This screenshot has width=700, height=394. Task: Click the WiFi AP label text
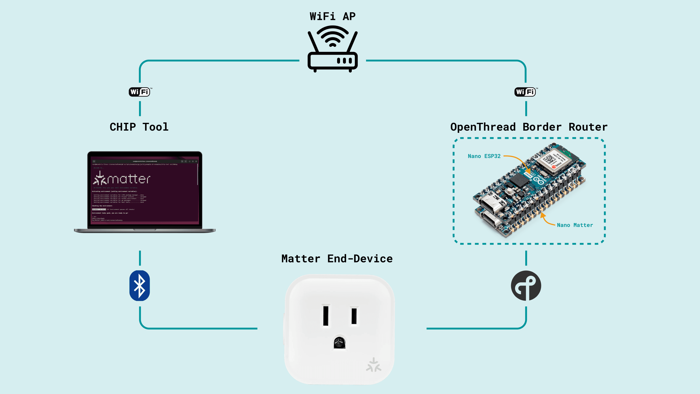[x=332, y=16]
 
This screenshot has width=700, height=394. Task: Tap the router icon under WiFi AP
[x=332, y=49]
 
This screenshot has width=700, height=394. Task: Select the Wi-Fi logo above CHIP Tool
[x=140, y=92]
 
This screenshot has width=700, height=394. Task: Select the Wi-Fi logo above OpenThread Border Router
[x=525, y=92]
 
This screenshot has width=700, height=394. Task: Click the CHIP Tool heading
[x=139, y=127]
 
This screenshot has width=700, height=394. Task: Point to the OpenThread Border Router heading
[x=529, y=127]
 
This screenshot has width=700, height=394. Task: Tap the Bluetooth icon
[x=140, y=286]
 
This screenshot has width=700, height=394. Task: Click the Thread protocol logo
[x=526, y=286]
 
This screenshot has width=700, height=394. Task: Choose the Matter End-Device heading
[x=337, y=259]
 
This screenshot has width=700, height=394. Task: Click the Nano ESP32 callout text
[x=484, y=156]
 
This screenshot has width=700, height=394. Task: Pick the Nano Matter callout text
[x=575, y=225]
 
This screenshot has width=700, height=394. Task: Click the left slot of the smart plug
[x=326, y=315]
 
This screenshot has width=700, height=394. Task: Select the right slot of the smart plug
[x=354, y=315]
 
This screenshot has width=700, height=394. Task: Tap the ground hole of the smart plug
[x=339, y=343]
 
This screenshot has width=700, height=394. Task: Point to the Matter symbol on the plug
[x=374, y=365]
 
